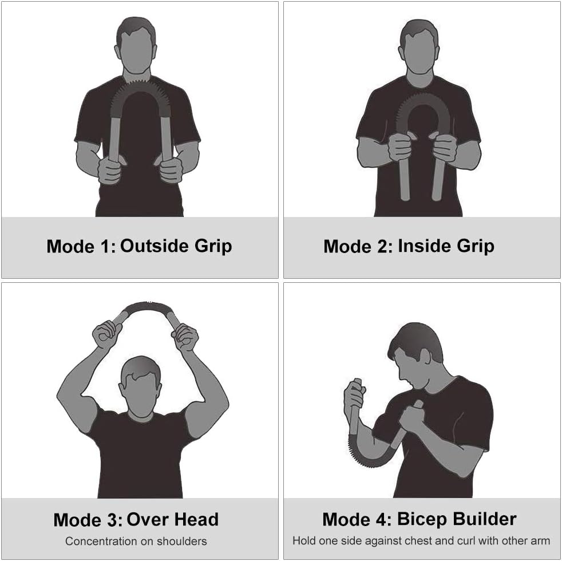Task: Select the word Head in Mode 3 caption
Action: pyautogui.click(x=198, y=519)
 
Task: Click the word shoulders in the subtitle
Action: pyautogui.click(x=182, y=541)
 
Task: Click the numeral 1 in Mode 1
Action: pyautogui.click(x=105, y=246)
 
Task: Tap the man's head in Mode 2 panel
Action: pyautogui.click(x=419, y=47)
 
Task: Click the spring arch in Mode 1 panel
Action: pyautogui.click(x=140, y=88)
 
